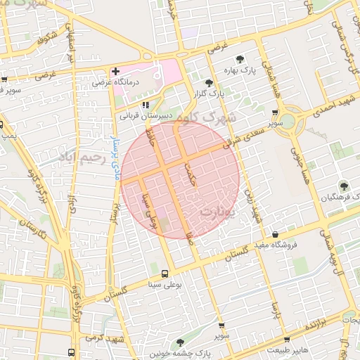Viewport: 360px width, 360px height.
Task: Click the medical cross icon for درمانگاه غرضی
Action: (x=116, y=72)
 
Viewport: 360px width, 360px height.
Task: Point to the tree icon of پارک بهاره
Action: (x=240, y=60)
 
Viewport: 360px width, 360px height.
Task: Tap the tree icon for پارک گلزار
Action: (x=209, y=83)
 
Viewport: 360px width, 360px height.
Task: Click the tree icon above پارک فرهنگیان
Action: (x=343, y=186)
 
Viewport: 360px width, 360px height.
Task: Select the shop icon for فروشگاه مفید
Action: (x=276, y=234)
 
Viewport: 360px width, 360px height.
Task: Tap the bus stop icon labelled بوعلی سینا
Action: (x=165, y=274)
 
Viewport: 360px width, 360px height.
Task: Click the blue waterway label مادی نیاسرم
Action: (x=112, y=143)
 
